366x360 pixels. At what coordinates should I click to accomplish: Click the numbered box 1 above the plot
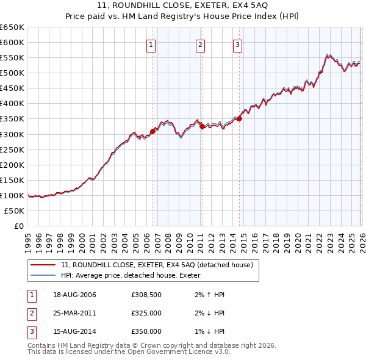pos(151,44)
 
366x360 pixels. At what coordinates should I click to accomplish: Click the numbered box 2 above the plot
pos(200,44)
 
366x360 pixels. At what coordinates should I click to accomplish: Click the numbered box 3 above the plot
pos(237,44)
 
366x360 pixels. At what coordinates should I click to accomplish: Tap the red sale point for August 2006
pos(152,131)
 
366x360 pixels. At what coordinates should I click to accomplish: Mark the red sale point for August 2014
pos(239,118)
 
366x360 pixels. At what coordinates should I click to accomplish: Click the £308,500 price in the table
pos(146,295)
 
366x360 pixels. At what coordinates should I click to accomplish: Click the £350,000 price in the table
pos(146,331)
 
